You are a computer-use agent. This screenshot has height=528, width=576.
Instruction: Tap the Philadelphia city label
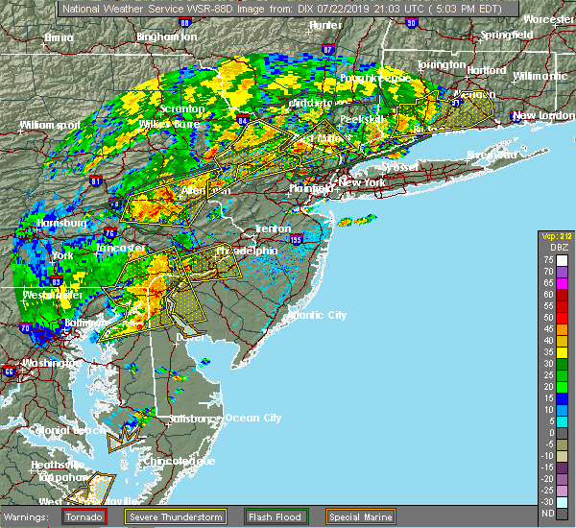pos(248,251)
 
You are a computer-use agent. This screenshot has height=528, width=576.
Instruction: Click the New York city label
pos(362,182)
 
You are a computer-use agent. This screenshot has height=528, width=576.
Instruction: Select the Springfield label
pos(508,36)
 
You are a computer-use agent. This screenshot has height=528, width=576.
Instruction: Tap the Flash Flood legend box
pos(254,516)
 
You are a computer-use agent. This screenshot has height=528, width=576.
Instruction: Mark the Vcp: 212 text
pos(554,237)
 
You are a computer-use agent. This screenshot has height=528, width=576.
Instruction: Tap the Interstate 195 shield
pos(296,240)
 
